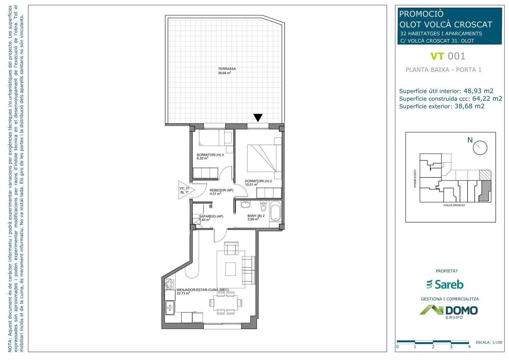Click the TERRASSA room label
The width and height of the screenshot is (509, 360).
(x=227, y=69)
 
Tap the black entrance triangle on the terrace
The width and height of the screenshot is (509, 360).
(x=258, y=118)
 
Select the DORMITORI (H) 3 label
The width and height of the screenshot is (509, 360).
(x=210, y=155)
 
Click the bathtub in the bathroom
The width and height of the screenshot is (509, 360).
(x=276, y=211)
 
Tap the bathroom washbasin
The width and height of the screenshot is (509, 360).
(x=245, y=204)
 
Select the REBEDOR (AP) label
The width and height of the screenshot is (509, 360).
(x=221, y=190)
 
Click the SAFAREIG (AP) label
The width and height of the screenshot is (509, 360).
(x=211, y=216)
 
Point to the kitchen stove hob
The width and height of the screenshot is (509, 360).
(x=169, y=284)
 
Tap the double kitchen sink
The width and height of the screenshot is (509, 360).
(x=170, y=308)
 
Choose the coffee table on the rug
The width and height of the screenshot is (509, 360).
(x=230, y=269)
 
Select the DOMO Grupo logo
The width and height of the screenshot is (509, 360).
(x=449, y=312)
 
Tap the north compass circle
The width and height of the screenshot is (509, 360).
(x=480, y=148)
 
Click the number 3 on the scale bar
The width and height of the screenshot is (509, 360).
(x=451, y=347)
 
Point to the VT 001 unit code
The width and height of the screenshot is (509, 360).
(x=448, y=56)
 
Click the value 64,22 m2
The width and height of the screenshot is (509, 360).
(x=487, y=98)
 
